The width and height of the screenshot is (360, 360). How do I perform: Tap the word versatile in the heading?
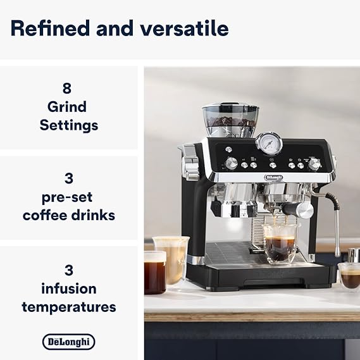coord(184,28)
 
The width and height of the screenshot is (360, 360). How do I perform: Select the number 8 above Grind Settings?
coord(67,88)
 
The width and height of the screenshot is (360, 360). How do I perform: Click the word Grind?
coord(67,107)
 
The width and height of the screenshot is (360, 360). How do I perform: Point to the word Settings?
coord(69,125)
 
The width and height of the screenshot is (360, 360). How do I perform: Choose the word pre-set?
coord(67,197)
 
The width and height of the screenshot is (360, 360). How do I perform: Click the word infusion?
coord(69,289)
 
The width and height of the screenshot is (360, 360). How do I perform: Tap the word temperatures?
coord(69,307)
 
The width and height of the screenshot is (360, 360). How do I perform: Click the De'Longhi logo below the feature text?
coord(69,342)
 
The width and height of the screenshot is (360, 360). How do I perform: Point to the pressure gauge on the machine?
coord(269,143)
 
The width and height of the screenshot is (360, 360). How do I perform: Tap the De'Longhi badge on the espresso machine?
coord(274,177)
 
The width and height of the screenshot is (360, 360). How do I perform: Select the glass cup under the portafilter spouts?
coord(280,244)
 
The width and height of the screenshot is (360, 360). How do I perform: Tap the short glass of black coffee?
coord(155,273)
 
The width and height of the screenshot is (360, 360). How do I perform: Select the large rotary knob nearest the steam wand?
coord(314,164)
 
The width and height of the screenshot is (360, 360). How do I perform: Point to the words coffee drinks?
coord(69,215)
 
